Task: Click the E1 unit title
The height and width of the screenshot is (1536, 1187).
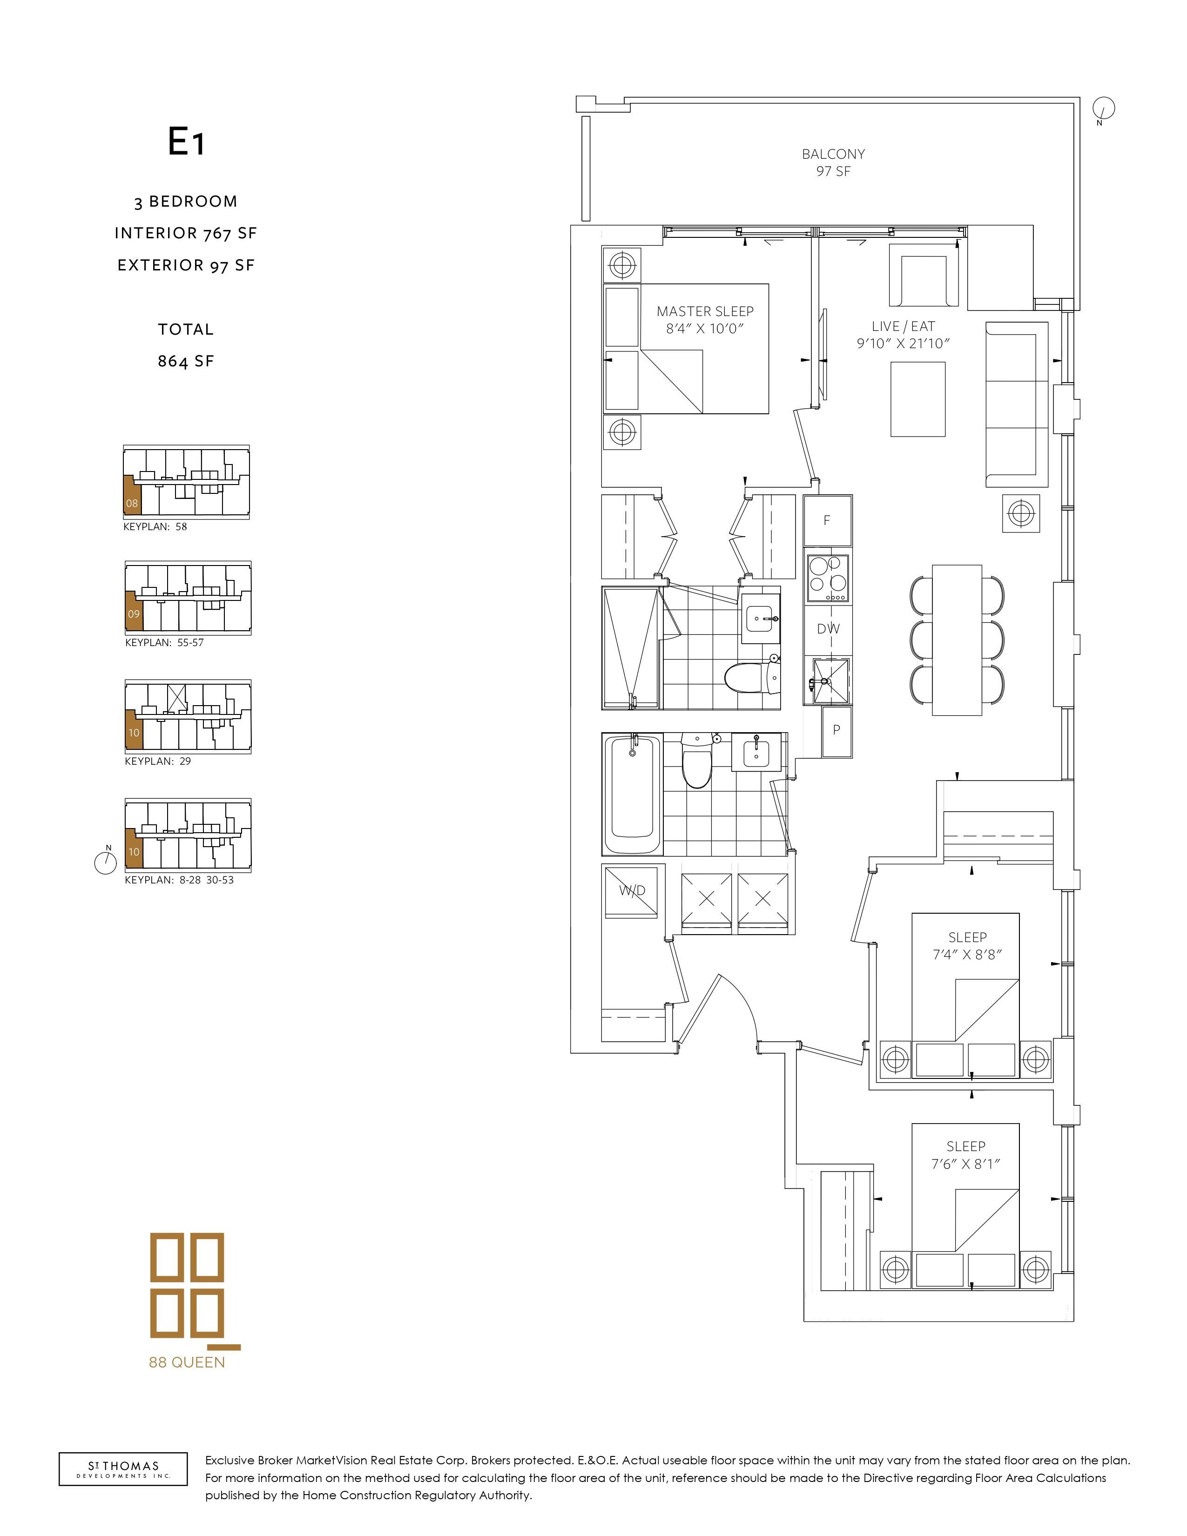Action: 186,142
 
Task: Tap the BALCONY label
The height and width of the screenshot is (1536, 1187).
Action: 833,154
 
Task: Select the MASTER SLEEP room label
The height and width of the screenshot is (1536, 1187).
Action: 705,311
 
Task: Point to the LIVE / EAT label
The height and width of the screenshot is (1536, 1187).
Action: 904,326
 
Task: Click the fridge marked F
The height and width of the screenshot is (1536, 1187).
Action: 828,520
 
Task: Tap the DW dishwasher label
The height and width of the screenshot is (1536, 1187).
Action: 829,629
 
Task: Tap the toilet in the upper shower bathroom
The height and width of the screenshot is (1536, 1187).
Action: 752,677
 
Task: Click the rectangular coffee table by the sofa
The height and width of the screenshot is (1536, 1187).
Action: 917,399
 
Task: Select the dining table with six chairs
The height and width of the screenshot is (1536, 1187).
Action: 957,640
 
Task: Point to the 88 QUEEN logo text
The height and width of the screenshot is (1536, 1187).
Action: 187,1362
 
